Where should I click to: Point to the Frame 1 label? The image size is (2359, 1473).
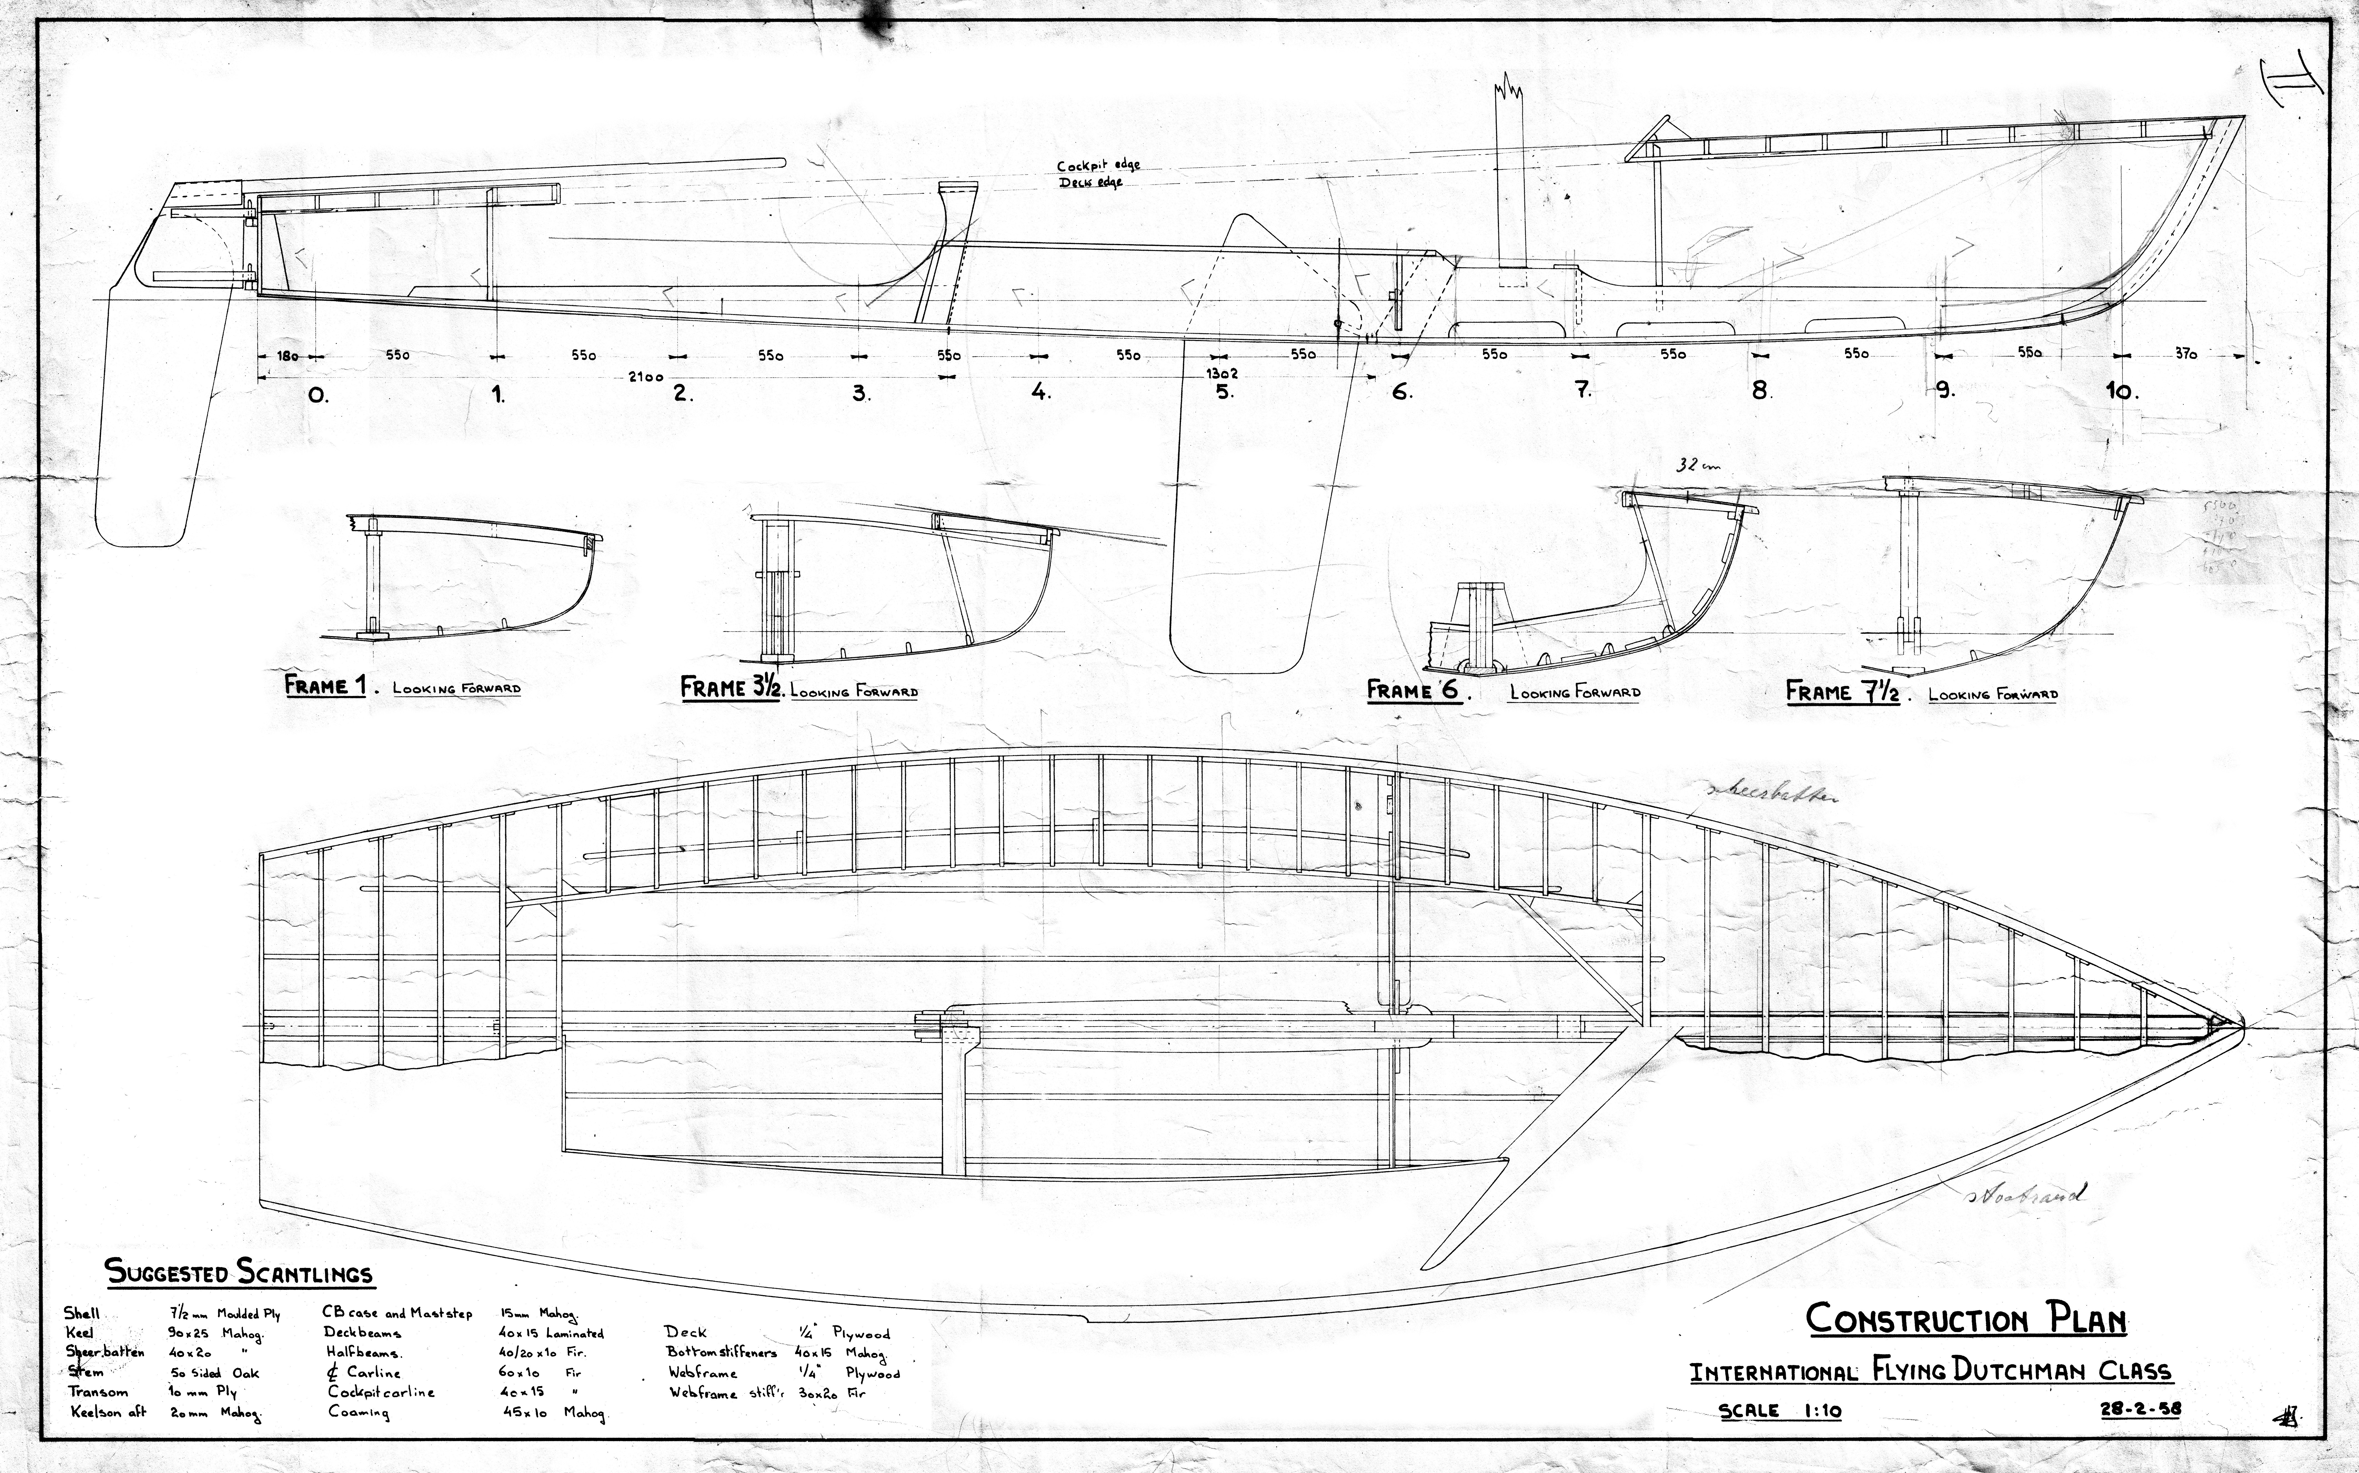[325, 686]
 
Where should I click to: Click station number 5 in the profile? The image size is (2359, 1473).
[1224, 393]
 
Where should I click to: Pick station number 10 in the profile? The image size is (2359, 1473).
[2121, 392]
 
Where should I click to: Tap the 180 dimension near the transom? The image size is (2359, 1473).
[287, 357]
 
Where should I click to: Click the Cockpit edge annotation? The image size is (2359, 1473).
[1098, 166]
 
